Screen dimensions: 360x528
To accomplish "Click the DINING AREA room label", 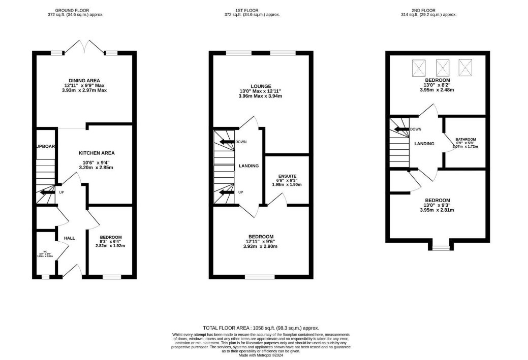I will (x=84, y=80).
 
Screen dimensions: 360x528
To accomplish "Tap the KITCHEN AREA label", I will (x=96, y=153).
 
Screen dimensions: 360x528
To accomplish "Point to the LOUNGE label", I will (x=260, y=86).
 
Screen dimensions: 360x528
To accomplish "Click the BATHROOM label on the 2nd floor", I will (x=465, y=139).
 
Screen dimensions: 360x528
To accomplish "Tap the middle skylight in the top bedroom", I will (x=443, y=67).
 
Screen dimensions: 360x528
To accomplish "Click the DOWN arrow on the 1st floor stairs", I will (x=228, y=142).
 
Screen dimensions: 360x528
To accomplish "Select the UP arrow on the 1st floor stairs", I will (x=228, y=192).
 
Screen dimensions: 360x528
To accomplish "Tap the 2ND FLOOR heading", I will (x=435, y=9).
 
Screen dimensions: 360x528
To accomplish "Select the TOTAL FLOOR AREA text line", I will (x=261, y=328).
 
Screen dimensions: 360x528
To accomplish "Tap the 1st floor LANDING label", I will (x=249, y=166).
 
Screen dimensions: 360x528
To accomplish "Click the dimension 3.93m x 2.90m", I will (x=261, y=246).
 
